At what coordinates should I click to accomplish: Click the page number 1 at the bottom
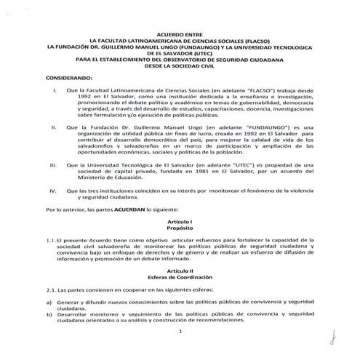pos(179,332)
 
